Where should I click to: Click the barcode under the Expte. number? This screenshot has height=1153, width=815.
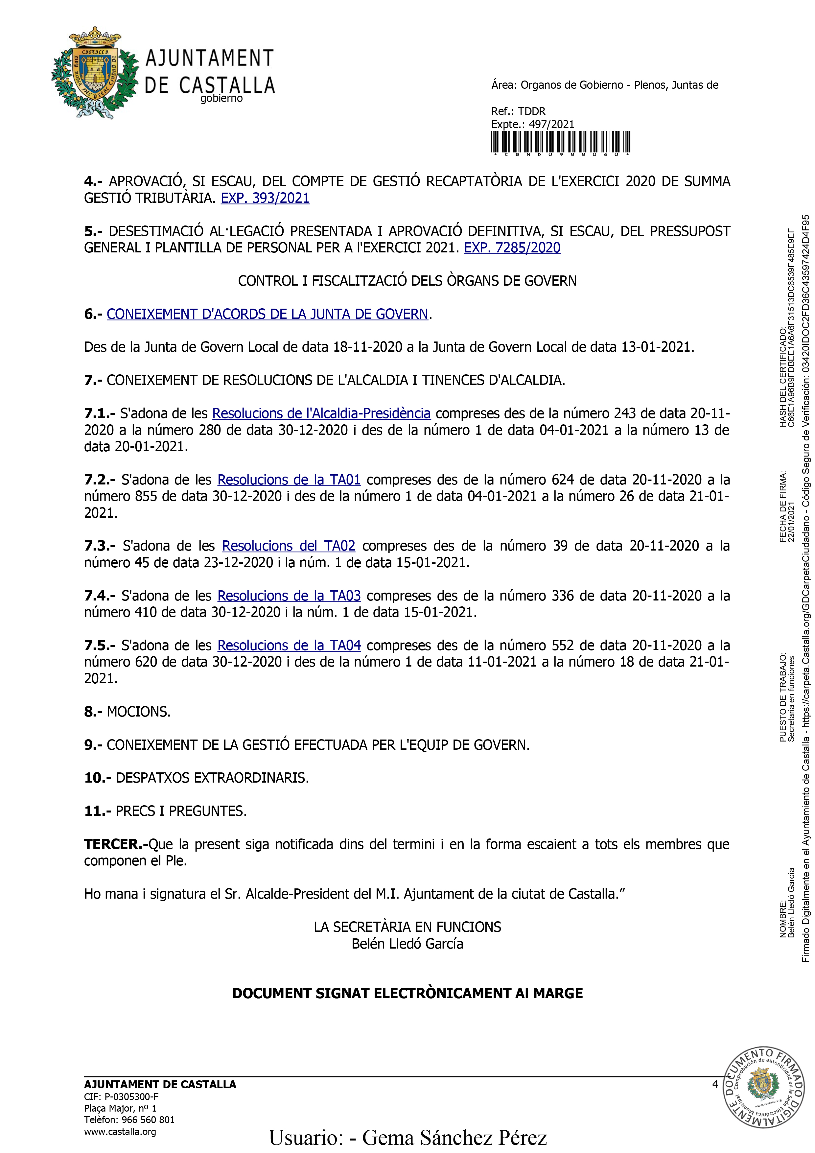pyautogui.click(x=561, y=142)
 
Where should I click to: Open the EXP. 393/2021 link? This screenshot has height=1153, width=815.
pyautogui.click(x=265, y=199)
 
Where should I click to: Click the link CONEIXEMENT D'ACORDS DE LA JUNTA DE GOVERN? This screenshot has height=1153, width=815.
pyautogui.click(x=267, y=314)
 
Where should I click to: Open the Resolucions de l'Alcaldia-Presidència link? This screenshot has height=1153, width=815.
pyautogui.click(x=321, y=413)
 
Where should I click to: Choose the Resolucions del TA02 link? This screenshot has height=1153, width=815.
pyautogui.click(x=289, y=546)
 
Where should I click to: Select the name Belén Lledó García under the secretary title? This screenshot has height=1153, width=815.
pyautogui.click(x=407, y=944)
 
